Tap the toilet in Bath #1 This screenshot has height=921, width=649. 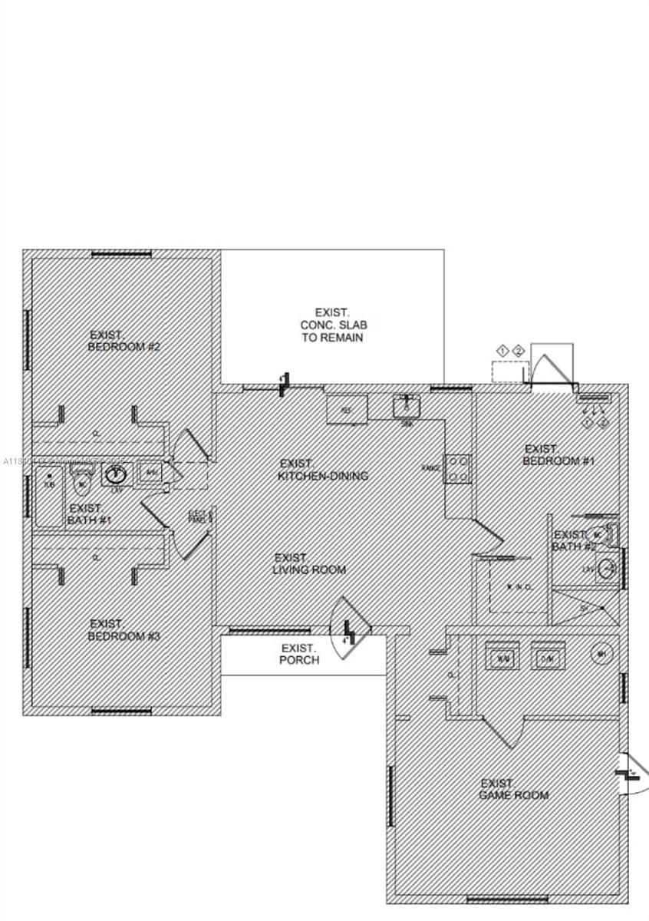[x=82, y=483]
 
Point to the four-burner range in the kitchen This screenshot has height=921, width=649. [x=459, y=469]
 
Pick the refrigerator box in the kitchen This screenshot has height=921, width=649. [x=347, y=410]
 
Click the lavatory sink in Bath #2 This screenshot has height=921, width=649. [x=607, y=569]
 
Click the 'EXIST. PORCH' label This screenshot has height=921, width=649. [x=299, y=654]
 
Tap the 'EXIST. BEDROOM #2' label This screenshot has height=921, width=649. [x=124, y=341]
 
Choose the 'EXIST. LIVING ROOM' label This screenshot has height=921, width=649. [x=309, y=564]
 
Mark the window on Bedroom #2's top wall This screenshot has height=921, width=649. [x=121, y=254]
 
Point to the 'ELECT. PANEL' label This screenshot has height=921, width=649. [x=200, y=517]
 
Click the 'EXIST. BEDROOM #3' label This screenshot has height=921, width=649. [x=124, y=630]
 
